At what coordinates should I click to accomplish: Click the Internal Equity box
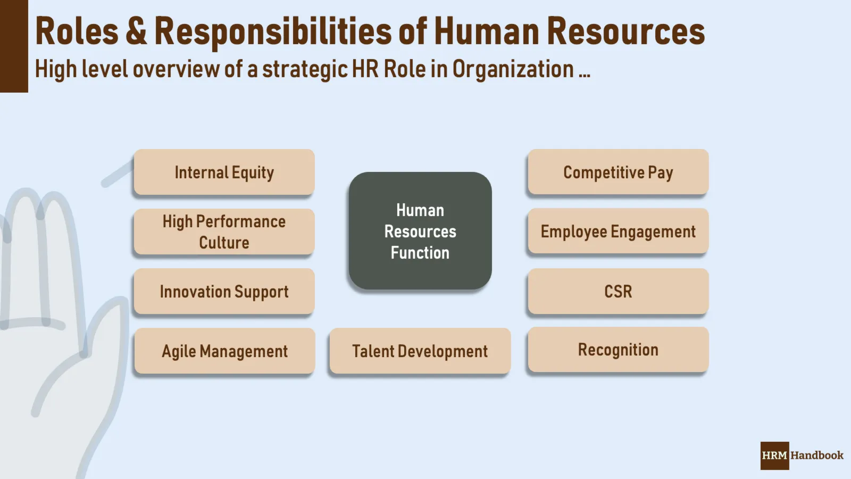pos(224,172)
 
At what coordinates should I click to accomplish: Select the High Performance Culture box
pos(224,232)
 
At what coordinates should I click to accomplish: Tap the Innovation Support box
pos(224,292)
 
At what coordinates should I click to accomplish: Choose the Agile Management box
pos(224,351)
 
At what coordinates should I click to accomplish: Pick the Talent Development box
pos(420,351)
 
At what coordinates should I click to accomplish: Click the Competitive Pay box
pos(618,172)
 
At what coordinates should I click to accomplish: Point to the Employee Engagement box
pos(618,232)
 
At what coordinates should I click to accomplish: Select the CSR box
pos(618,292)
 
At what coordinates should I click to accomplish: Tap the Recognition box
pos(618,350)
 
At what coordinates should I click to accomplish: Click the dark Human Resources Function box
pos(420,231)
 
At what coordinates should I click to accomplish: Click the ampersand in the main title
pos(136,31)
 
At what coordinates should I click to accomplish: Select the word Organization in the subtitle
pos(513,69)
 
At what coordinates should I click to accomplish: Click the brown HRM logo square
pos(774,456)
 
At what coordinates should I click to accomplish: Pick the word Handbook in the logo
pos(817,456)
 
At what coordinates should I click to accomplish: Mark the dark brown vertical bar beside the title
pos(14,46)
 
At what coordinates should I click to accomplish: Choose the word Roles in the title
pos(77,31)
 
